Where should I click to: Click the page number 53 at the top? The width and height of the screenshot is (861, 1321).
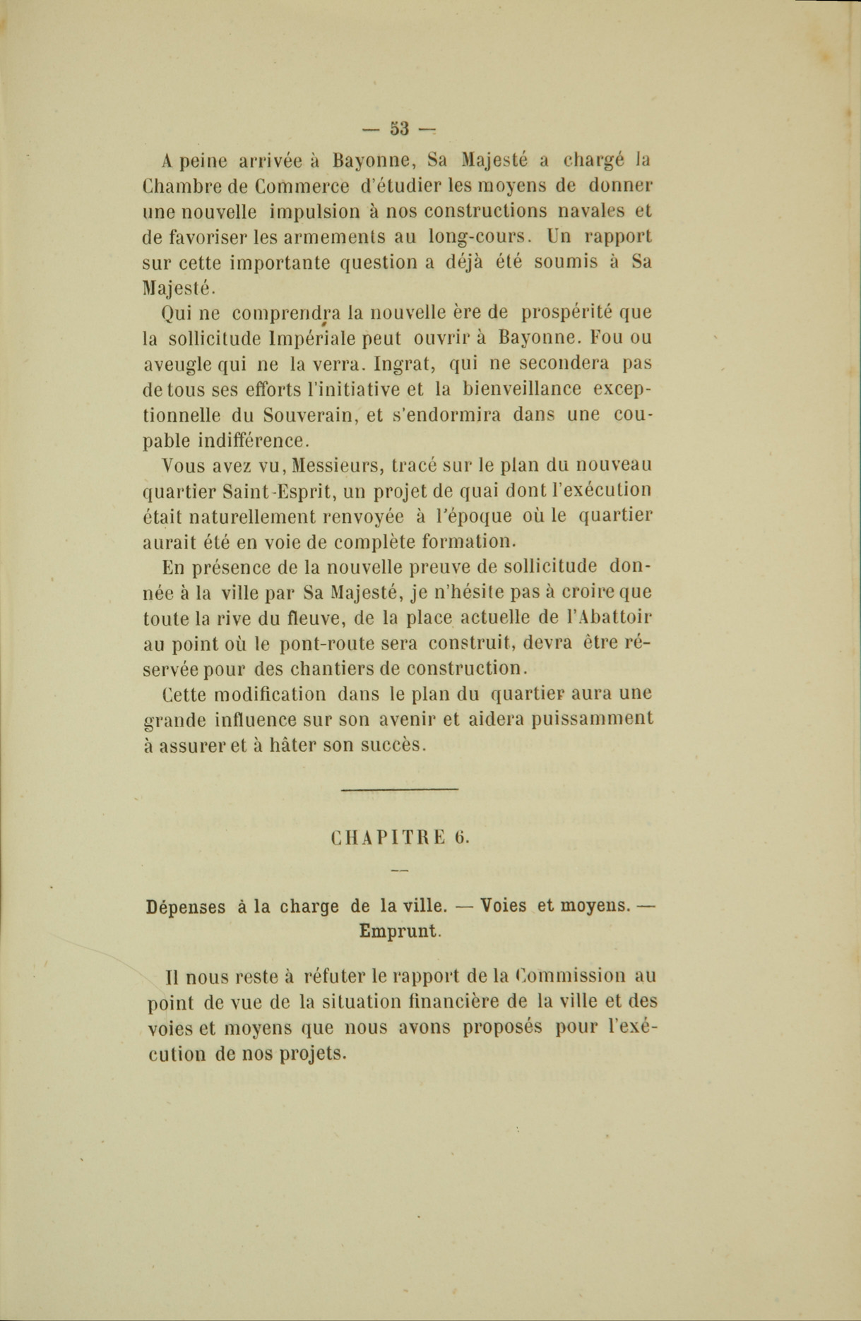pos(399,128)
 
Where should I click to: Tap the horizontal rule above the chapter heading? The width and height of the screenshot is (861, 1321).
pos(399,789)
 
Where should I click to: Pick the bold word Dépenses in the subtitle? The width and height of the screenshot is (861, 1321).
pos(186,907)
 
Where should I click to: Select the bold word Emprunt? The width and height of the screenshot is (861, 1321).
pos(398,931)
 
